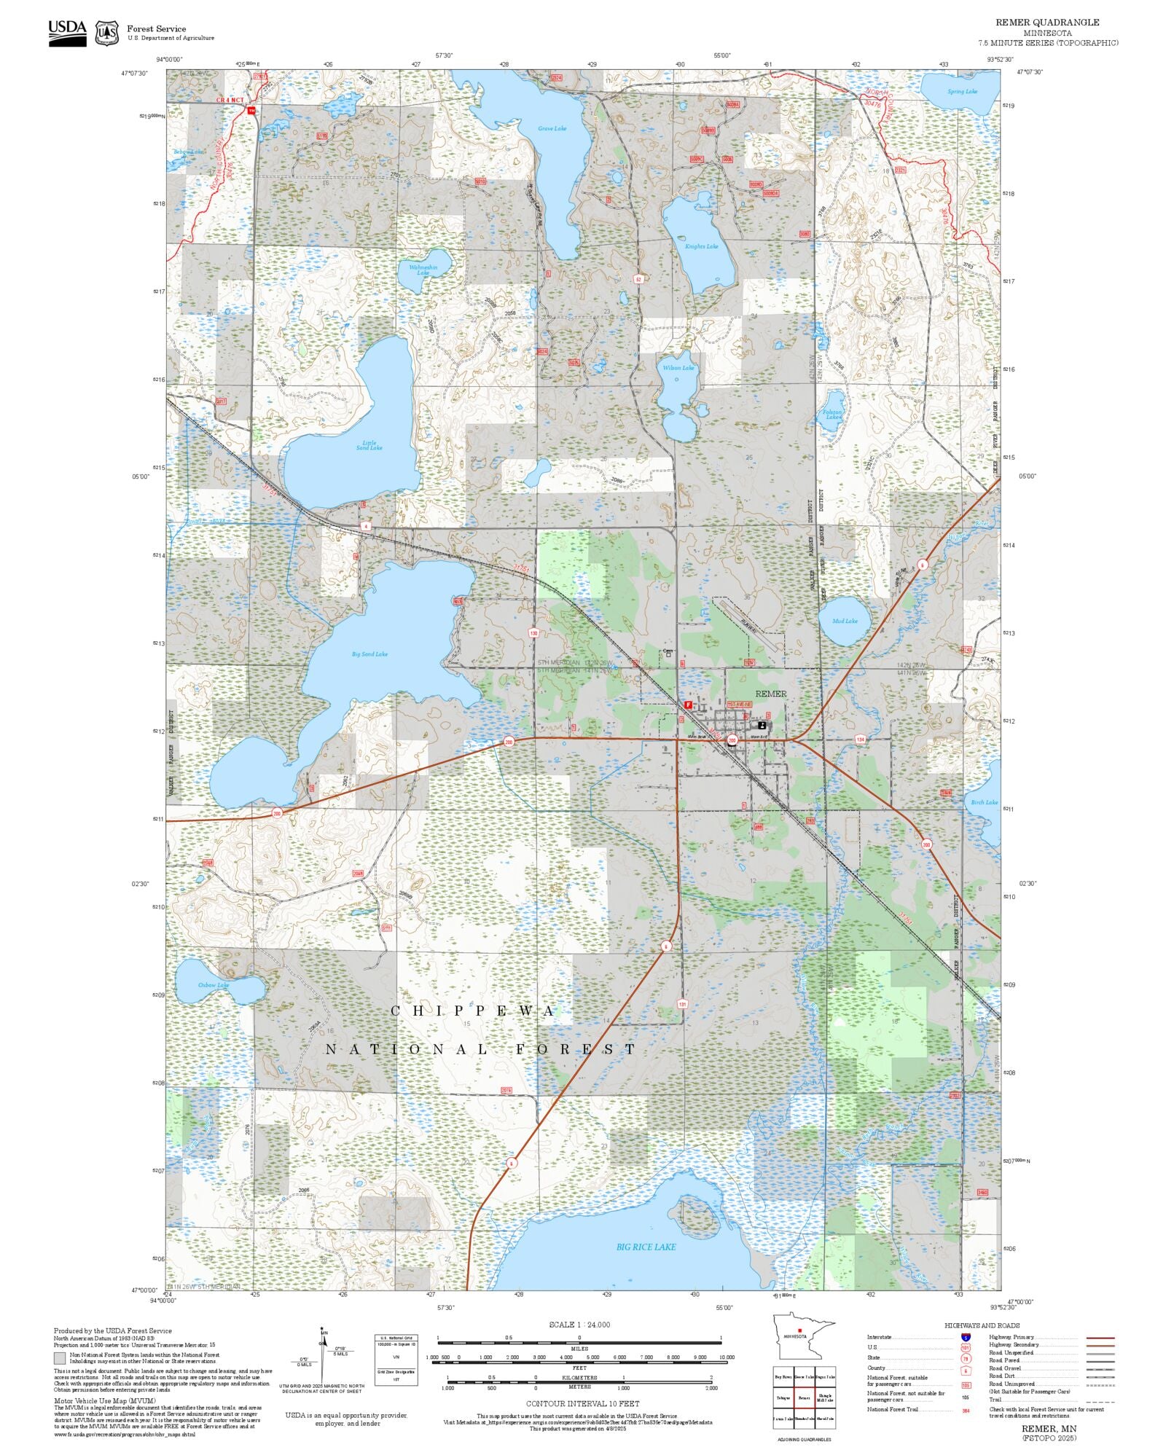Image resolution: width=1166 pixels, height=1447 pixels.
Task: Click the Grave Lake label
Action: coord(552,129)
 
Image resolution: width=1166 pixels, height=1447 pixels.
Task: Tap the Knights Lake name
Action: coord(701,246)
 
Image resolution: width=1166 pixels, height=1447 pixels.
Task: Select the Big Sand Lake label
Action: coord(369,654)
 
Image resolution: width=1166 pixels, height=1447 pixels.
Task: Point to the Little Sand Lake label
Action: coord(369,445)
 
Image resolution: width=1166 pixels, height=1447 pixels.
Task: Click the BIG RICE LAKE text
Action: coord(646,1247)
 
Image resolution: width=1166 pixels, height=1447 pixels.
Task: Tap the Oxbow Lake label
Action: coord(214,985)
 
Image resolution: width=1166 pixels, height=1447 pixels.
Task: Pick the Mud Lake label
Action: coord(845,621)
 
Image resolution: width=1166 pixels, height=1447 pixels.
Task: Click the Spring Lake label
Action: coord(962,92)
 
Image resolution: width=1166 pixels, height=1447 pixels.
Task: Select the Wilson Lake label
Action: coord(678,368)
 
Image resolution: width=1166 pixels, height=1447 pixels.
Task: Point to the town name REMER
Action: coord(770,694)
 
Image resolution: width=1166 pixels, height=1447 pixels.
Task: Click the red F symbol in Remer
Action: coord(688,705)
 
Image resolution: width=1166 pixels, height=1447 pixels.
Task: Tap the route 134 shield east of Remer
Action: coord(860,740)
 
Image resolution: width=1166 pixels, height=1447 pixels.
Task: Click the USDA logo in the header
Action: coord(67,33)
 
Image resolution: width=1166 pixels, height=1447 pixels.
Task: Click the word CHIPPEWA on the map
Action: coord(474,1011)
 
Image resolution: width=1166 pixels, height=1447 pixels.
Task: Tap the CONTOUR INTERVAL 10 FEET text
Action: coord(582,1403)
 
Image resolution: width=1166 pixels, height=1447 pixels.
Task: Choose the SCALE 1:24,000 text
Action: coord(579,1325)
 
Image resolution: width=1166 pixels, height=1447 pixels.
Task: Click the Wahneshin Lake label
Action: coord(423,270)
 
